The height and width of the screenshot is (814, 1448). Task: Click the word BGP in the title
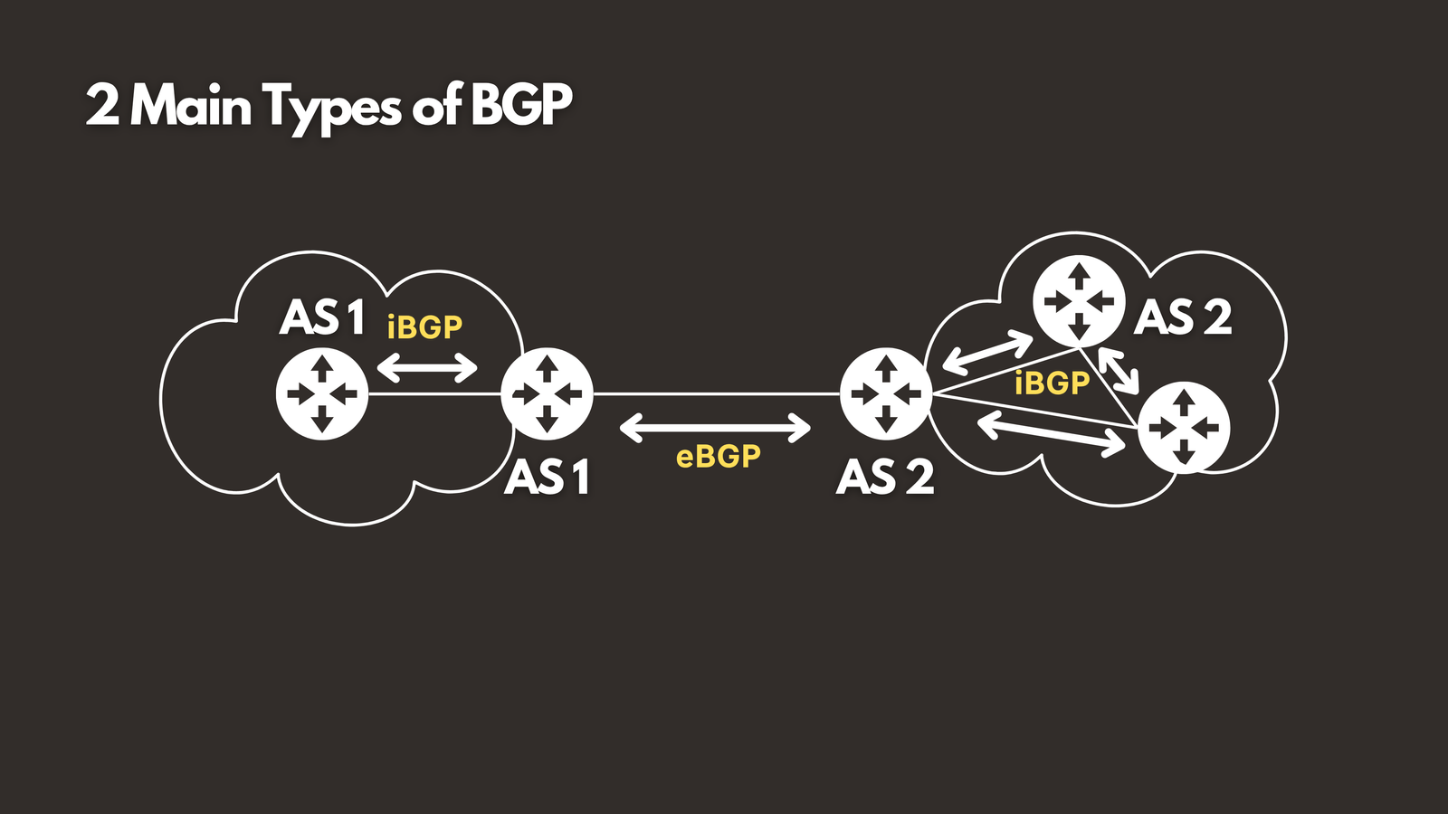tap(521, 106)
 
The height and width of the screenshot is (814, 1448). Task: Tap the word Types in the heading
tap(332, 108)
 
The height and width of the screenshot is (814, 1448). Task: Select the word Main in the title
tap(191, 106)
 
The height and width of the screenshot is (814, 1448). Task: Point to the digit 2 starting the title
tap(102, 106)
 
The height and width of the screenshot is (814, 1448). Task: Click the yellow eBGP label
tap(719, 457)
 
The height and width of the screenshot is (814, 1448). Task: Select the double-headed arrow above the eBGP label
tap(715, 428)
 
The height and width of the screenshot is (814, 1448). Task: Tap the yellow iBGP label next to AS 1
tap(424, 327)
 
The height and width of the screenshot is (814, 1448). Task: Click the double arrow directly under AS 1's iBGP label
tap(427, 367)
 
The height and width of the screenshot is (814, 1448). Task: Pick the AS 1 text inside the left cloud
tap(322, 317)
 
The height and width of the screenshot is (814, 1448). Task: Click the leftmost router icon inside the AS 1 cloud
tap(322, 394)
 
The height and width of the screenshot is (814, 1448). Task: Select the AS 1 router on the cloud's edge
tap(547, 394)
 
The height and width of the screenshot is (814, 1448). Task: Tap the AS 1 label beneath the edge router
tap(548, 477)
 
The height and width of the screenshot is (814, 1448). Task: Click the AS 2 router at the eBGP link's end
tap(886, 394)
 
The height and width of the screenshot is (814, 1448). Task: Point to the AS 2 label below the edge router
tap(885, 477)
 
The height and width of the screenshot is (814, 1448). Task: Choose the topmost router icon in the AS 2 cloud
tap(1079, 301)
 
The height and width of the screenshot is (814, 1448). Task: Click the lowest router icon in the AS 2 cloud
tap(1184, 427)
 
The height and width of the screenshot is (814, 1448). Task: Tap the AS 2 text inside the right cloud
tap(1183, 317)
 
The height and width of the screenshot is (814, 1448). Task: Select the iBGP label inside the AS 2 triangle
tap(1053, 383)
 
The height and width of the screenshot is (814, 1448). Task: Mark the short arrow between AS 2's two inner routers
tap(1118, 368)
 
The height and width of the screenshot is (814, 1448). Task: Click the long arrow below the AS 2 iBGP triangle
tap(1052, 433)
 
